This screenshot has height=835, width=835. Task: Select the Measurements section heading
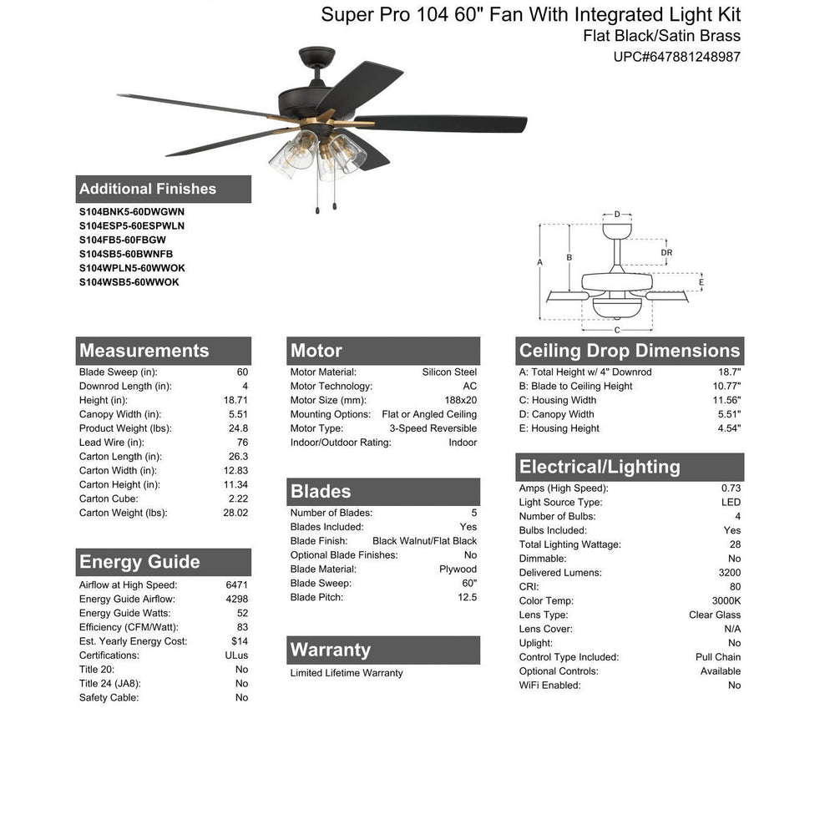click(144, 351)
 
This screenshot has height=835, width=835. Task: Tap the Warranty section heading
click(330, 650)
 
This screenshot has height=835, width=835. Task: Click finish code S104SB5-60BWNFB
click(126, 254)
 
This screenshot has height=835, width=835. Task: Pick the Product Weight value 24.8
click(238, 428)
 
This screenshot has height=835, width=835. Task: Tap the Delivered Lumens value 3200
click(729, 573)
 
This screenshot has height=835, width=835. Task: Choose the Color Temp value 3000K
click(726, 601)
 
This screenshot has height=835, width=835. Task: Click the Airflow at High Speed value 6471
click(236, 585)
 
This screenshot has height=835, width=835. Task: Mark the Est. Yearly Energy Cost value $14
click(240, 641)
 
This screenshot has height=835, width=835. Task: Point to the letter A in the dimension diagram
click(540, 262)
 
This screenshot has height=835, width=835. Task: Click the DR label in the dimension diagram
click(666, 253)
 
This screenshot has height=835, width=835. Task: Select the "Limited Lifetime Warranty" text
click(347, 673)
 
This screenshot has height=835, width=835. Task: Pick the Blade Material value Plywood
click(458, 569)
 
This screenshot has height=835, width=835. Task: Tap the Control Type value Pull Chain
click(717, 657)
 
